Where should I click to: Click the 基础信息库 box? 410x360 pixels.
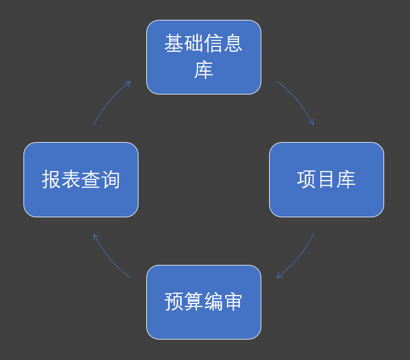point(203,57)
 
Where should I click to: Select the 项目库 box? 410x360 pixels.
point(326,179)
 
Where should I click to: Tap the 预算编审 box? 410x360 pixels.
point(203,302)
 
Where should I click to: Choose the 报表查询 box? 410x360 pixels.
point(81,179)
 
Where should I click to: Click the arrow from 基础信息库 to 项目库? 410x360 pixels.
point(298,99)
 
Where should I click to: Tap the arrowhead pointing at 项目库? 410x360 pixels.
point(311,122)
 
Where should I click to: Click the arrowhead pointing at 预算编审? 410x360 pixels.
point(279,275)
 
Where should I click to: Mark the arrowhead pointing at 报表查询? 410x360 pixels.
point(96,237)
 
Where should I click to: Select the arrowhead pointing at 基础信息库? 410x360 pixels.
point(128,84)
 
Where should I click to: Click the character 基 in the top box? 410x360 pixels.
point(174,43)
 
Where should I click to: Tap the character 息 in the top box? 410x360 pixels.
point(233,43)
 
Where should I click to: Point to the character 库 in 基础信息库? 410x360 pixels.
point(203,70)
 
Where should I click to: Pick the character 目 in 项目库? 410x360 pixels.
point(326,179)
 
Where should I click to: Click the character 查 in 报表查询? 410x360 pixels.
point(91,179)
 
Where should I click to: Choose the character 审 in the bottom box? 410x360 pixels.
point(233,302)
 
